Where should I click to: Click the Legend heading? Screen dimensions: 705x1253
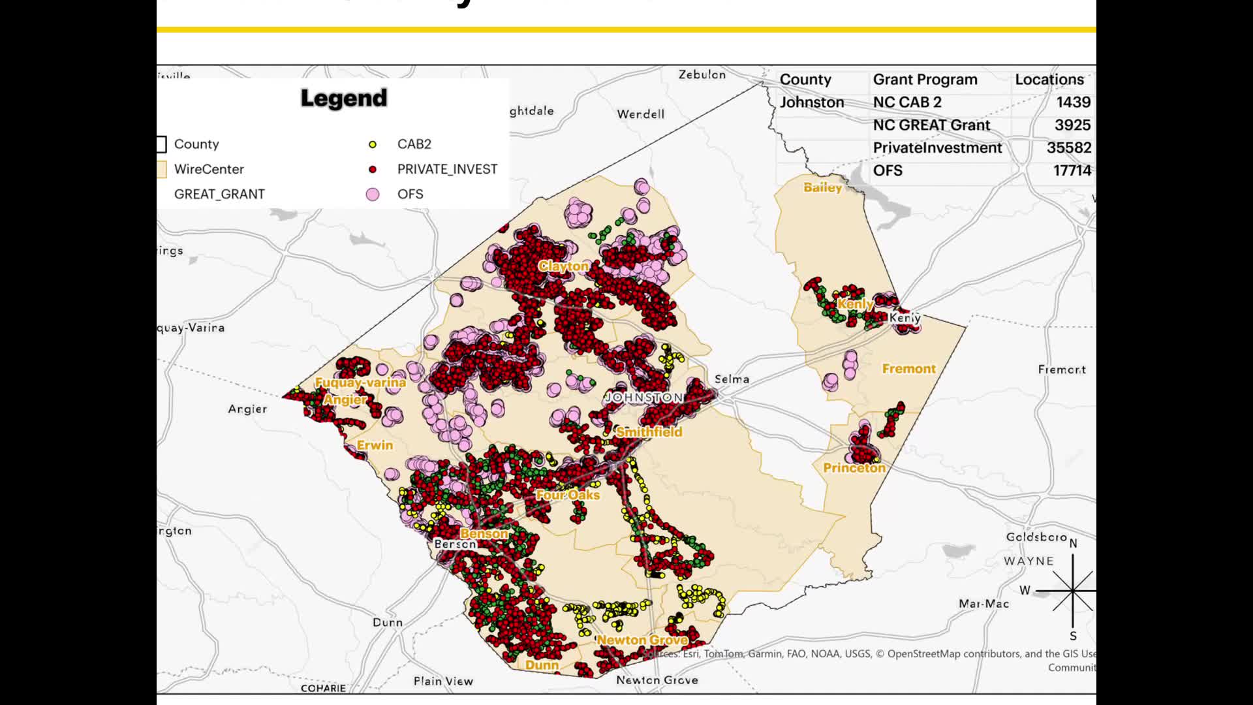(344, 99)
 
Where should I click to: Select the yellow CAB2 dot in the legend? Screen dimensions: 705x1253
(373, 144)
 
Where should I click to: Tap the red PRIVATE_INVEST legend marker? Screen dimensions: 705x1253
(373, 170)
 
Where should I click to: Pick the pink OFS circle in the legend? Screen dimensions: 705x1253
(373, 195)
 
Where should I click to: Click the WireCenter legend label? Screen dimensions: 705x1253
(209, 169)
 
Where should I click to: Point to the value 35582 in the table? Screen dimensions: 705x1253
(1068, 148)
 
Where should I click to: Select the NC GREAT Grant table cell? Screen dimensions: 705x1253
(931, 125)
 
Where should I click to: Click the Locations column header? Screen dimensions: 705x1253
(1049, 80)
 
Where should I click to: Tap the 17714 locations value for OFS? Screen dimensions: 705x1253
(1072, 171)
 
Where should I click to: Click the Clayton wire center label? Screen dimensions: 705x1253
(563, 266)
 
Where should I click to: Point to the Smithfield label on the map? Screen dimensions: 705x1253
(649, 432)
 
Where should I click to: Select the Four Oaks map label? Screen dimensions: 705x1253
(568, 495)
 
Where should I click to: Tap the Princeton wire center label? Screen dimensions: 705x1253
(854, 468)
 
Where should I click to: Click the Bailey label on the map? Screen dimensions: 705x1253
(822, 188)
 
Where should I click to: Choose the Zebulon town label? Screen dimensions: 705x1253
(702, 75)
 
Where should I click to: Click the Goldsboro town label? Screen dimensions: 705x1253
(1036, 537)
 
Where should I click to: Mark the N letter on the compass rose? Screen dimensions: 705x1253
(1073, 544)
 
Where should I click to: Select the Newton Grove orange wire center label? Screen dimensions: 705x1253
(642, 640)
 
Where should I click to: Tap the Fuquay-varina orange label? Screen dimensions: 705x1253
(360, 383)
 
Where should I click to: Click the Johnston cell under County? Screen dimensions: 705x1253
(811, 102)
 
